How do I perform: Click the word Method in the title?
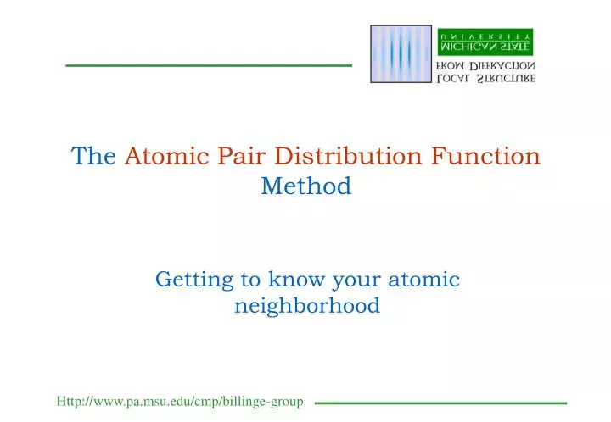click(305, 186)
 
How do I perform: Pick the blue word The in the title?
click(93, 157)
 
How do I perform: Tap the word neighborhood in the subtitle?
click(306, 306)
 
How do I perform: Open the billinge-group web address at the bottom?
click(180, 401)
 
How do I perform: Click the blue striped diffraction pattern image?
click(401, 54)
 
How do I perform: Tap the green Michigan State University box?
click(485, 43)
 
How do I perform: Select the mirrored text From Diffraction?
click(485, 66)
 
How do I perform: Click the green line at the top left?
click(208, 65)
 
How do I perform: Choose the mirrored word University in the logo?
click(485, 35)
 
